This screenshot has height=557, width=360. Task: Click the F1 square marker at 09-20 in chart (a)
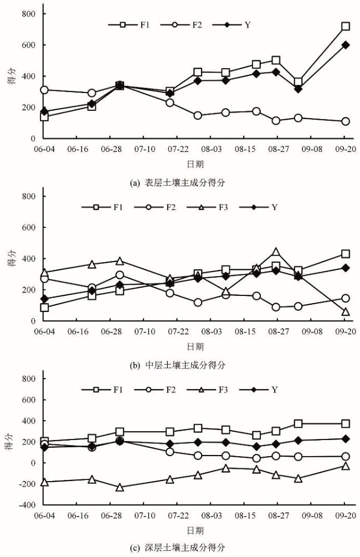[x=346, y=26]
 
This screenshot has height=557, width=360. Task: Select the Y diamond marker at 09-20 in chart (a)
[x=346, y=45]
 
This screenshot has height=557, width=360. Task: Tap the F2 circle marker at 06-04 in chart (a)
[x=44, y=90]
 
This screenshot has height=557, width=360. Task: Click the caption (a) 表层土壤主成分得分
[x=179, y=182]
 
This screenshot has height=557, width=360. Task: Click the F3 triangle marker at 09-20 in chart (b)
[x=346, y=312]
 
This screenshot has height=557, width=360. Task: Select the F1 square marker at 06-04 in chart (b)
[x=44, y=308]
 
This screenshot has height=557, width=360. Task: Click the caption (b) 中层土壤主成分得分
[x=179, y=365]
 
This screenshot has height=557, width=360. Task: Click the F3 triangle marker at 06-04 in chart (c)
[x=44, y=482]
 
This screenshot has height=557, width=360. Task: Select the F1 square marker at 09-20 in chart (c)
[x=346, y=424]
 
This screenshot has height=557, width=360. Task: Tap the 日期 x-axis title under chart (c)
[x=194, y=529]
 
